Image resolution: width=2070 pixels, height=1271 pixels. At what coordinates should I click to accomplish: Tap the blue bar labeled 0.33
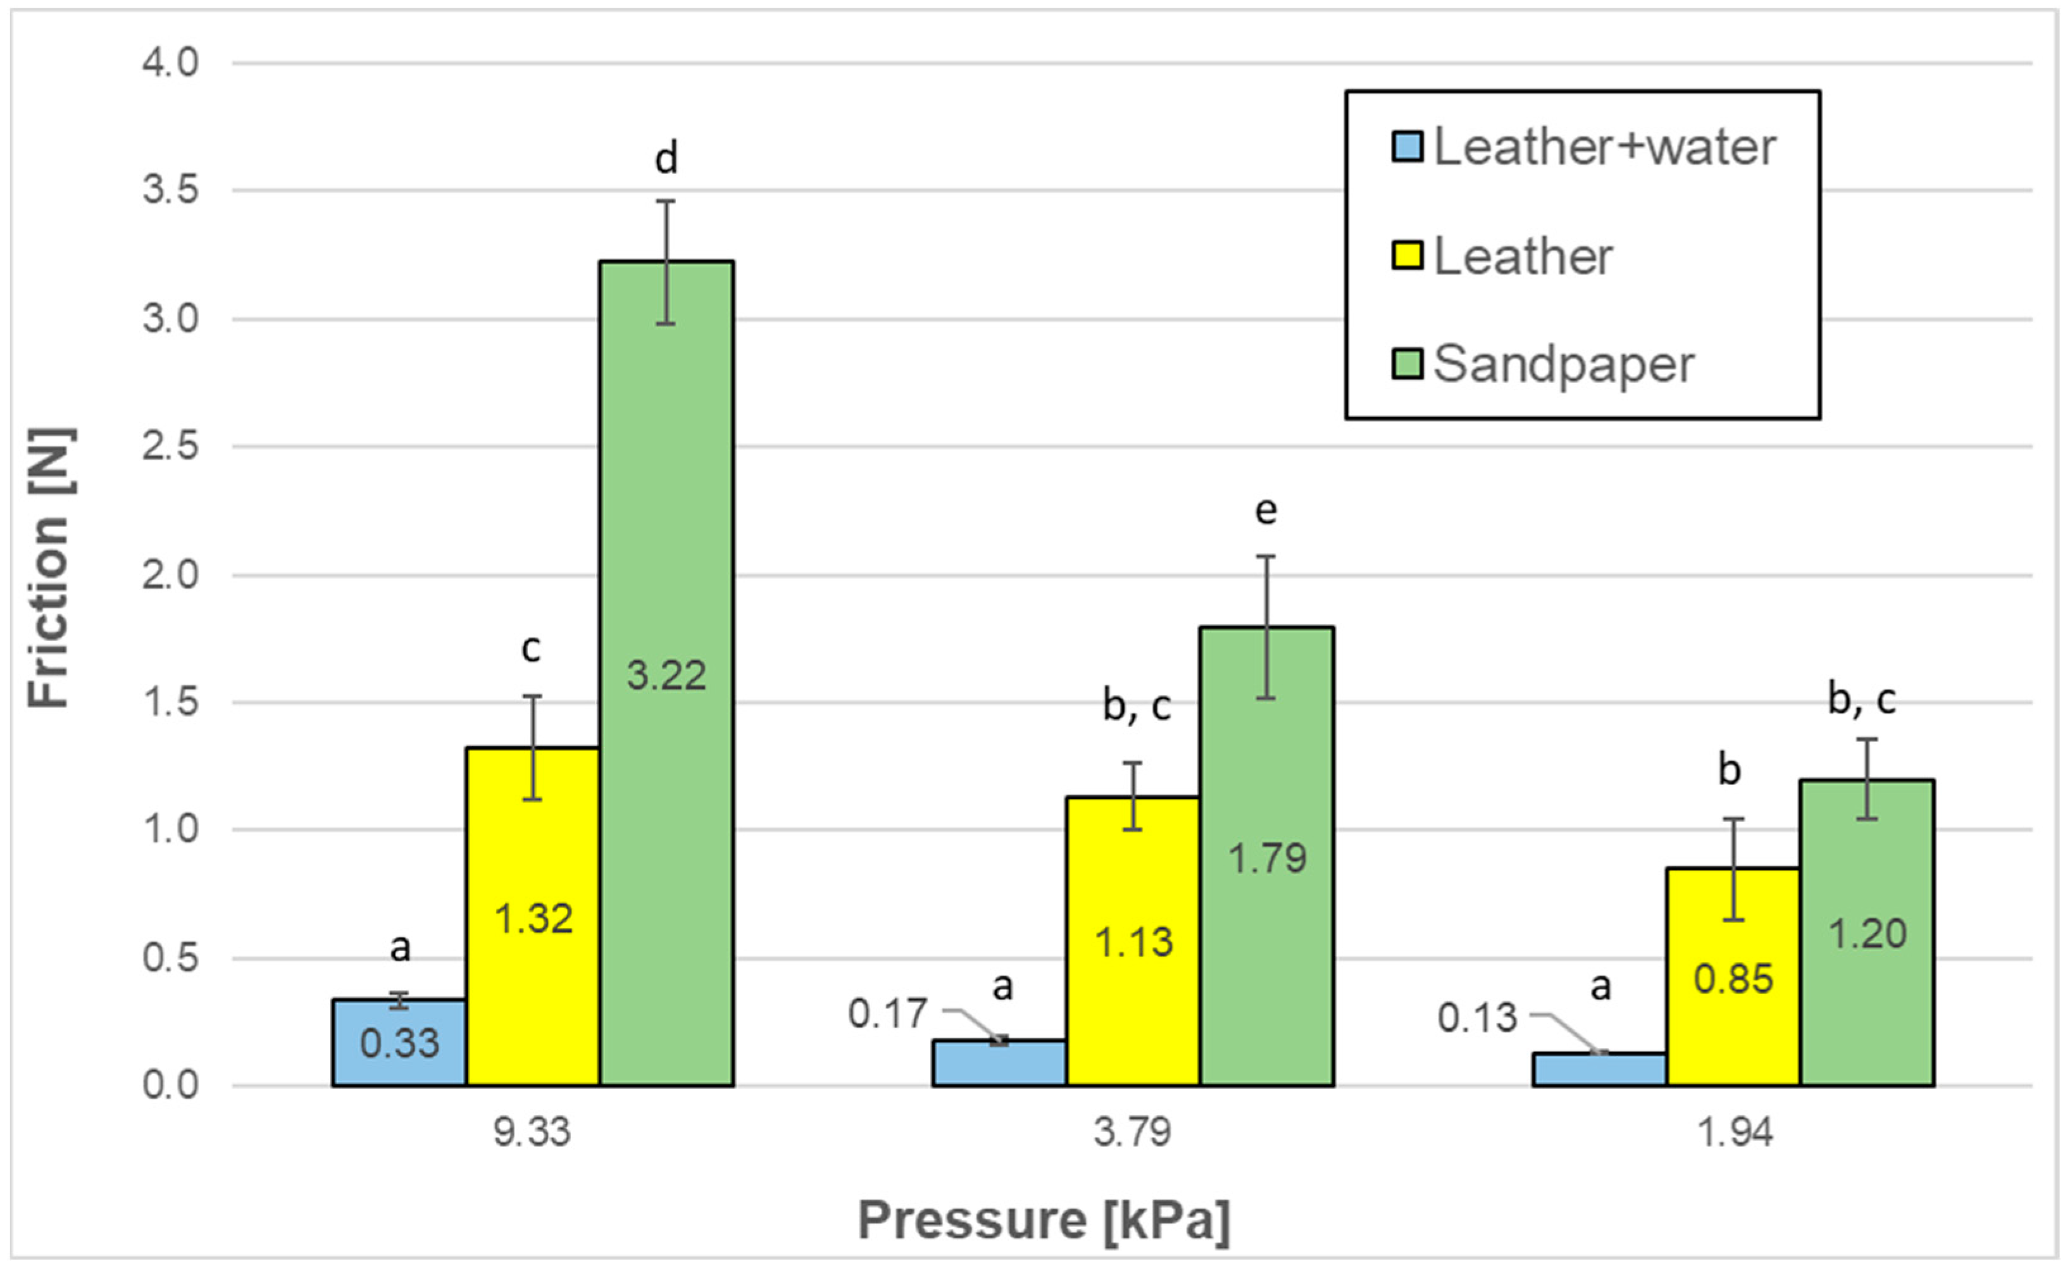click(x=399, y=1043)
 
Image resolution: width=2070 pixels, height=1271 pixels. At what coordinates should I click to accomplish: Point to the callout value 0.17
click(x=887, y=1014)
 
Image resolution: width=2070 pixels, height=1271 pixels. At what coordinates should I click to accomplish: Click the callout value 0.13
click(x=1476, y=1018)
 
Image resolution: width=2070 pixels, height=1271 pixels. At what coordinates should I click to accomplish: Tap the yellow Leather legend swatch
click(x=1407, y=256)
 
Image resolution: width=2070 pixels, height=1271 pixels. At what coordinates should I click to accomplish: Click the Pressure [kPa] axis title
click(x=1044, y=1220)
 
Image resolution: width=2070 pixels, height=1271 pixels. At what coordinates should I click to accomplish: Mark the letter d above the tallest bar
click(x=666, y=159)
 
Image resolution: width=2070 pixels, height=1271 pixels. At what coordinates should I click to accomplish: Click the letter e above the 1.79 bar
click(x=1266, y=511)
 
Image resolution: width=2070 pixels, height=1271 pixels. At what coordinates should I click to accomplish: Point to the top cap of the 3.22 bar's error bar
click(x=666, y=201)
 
